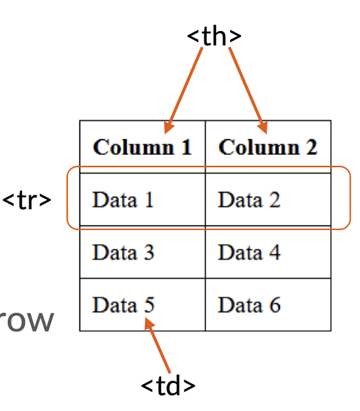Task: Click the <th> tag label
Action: pyautogui.click(x=214, y=36)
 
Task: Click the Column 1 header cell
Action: pyautogui.click(x=142, y=147)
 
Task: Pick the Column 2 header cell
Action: pyautogui.click(x=268, y=147)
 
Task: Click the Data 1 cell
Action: pyautogui.click(x=142, y=199)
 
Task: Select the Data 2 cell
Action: pyautogui.click(x=268, y=199)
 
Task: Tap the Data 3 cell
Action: pyautogui.click(x=142, y=252)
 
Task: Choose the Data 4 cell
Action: pyautogui.click(x=268, y=252)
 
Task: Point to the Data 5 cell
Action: pyautogui.click(x=142, y=304)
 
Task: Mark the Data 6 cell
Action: pyautogui.click(x=268, y=304)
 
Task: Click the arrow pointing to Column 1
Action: pyautogui.click(x=183, y=90)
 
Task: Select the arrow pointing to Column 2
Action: pyautogui.click(x=248, y=90)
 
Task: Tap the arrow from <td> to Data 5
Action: pyautogui.click(x=157, y=345)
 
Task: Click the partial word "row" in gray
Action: pyautogui.click(x=26, y=321)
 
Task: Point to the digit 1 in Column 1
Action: pyautogui.click(x=186, y=147)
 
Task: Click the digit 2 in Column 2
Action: pyautogui.click(x=312, y=147)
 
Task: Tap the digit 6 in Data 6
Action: pyautogui.click(x=275, y=305)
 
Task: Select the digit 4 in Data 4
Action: pyautogui.click(x=275, y=252)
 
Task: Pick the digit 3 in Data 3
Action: pyautogui.click(x=149, y=252)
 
